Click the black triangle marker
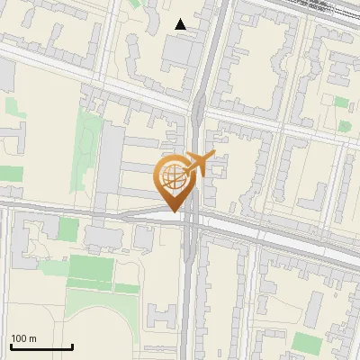click(181, 24)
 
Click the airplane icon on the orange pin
click(200, 163)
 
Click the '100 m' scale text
click(24, 338)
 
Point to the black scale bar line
click(41, 346)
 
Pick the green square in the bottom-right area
click(307, 343)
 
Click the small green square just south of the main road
click(68, 229)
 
